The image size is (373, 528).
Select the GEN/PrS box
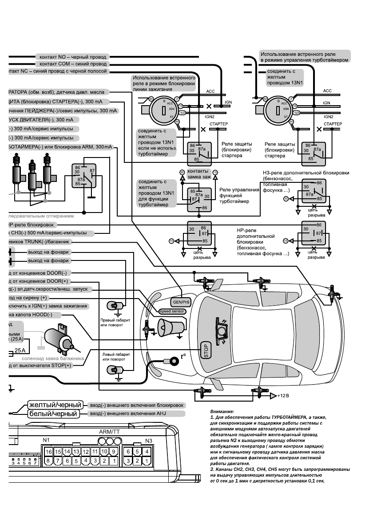coord(181,302)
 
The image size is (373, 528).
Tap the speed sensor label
coord(172,311)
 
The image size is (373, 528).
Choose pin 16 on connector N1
coord(48,451)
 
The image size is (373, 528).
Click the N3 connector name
coord(149,441)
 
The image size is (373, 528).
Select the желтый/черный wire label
coord(55,405)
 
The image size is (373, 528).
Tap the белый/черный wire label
coord(53,414)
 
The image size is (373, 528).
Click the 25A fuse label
coord(19,351)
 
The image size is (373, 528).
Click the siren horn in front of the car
coord(171,327)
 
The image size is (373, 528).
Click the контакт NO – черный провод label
coord(73,57)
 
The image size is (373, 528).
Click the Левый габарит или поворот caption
coord(116,357)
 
